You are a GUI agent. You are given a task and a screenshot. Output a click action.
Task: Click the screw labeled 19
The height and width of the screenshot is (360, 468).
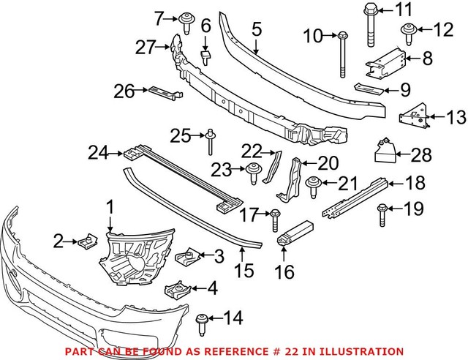click(382, 212)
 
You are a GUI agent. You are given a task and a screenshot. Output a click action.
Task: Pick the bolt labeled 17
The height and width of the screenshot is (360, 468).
click(276, 217)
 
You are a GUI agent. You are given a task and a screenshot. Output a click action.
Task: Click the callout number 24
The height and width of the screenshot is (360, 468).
click(97, 154)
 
